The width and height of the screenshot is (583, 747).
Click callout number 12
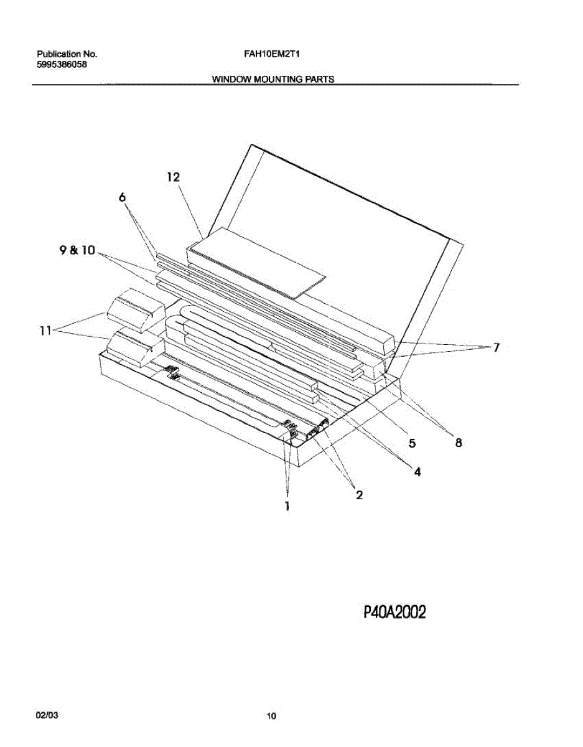coord(173,177)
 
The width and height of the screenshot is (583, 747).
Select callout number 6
coord(122,197)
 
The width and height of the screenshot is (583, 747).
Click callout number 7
coord(496,348)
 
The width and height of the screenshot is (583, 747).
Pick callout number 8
coord(459,443)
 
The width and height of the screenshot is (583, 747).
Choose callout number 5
coord(412,443)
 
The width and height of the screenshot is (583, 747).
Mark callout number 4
coord(417,472)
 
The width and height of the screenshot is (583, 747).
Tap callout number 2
coord(359,495)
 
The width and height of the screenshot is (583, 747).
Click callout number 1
coord(287,507)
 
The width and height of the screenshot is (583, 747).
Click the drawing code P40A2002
coord(394,613)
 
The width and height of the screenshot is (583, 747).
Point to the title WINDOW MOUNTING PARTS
coord(273,79)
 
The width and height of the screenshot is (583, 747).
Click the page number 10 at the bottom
coord(271,716)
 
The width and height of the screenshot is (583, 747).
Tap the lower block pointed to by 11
coord(133,347)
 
